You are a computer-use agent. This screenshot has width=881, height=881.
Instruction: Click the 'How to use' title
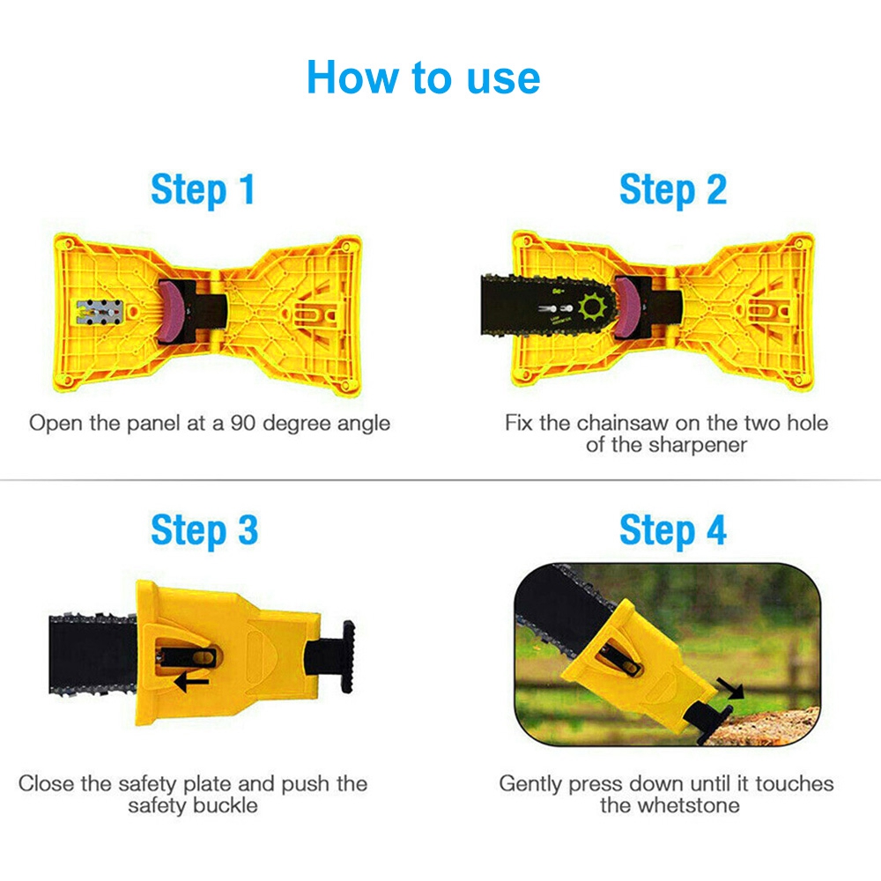(x=423, y=78)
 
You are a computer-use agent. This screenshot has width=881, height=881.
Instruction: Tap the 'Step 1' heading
(x=203, y=190)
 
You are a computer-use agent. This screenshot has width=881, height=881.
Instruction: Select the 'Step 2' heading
(x=672, y=190)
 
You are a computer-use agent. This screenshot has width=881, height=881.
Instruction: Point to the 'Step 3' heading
(x=204, y=530)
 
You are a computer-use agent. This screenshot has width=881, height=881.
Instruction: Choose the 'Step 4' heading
(x=672, y=530)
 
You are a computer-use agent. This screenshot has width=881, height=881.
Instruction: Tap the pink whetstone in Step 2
(x=626, y=307)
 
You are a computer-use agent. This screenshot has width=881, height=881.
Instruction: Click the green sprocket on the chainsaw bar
(x=593, y=307)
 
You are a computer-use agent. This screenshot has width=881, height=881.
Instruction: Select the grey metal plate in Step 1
(x=100, y=312)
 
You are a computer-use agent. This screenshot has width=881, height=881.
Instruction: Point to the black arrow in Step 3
(x=191, y=683)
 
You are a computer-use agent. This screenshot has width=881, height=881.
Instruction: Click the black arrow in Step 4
(x=731, y=688)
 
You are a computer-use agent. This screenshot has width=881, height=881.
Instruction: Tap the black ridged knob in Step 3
(x=348, y=656)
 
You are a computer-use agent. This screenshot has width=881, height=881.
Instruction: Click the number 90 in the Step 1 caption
(x=243, y=423)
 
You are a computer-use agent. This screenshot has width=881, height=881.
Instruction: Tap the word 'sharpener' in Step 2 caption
(x=698, y=446)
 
